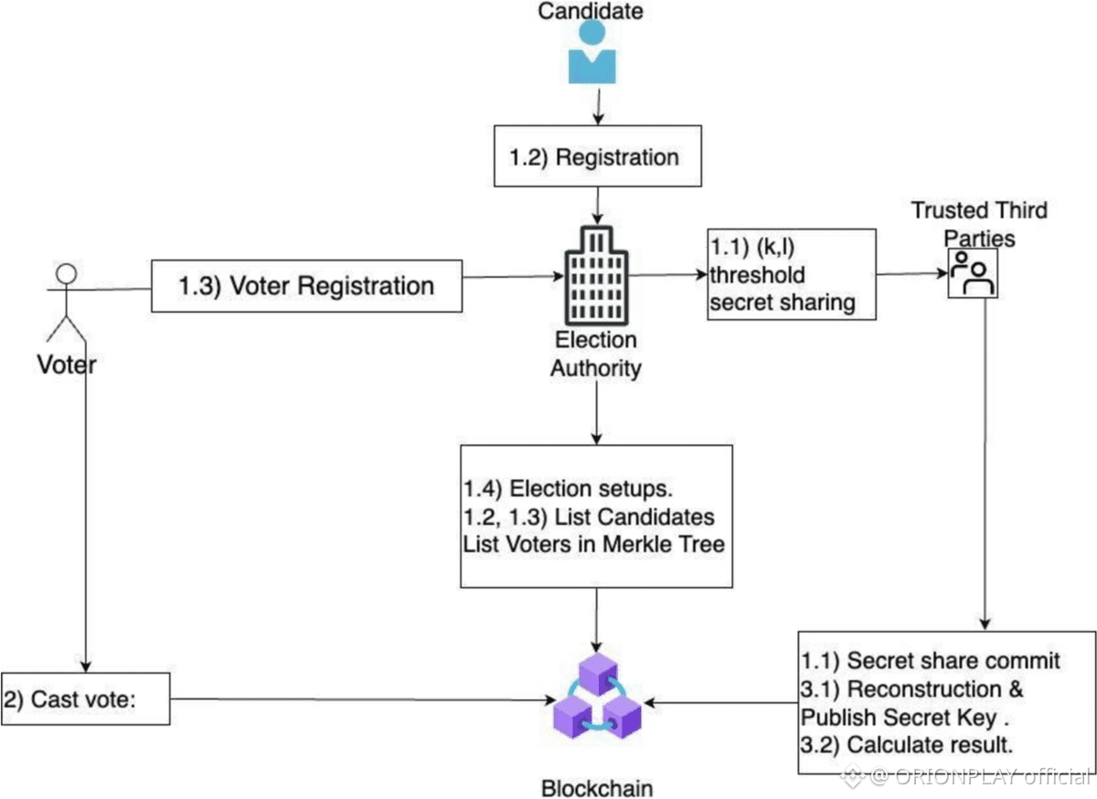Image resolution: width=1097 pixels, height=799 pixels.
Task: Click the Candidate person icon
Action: (591, 53)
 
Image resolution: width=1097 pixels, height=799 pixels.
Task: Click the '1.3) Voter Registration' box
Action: (305, 286)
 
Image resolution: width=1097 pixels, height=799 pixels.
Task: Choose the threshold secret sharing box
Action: (792, 274)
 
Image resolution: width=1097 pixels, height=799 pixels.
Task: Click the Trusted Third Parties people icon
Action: (972, 273)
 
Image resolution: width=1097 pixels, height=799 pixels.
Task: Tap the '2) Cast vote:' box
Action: (85, 700)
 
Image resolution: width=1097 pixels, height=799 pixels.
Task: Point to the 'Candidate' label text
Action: (590, 11)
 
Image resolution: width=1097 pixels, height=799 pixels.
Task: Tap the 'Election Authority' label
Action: (595, 354)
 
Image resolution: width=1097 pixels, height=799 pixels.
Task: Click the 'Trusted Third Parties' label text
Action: (979, 222)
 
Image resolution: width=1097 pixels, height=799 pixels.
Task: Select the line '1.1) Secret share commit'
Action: (931, 660)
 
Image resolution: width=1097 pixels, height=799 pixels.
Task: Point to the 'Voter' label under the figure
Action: (66, 364)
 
